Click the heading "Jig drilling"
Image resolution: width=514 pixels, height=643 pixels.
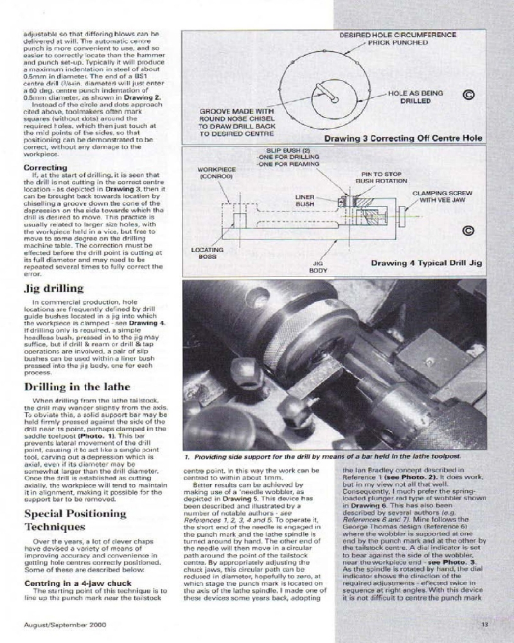point(54,288)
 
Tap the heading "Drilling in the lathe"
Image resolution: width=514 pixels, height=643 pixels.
point(77,387)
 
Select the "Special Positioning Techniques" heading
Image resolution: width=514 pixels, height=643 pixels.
point(75,520)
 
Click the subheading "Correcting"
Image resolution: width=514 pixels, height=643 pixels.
point(45,168)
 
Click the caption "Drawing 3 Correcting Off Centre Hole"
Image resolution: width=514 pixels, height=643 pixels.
point(403,138)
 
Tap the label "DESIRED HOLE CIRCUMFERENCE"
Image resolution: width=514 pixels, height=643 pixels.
point(398,35)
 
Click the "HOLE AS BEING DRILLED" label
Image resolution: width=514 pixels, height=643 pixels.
point(415,97)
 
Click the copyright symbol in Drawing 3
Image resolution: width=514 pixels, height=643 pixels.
point(468,95)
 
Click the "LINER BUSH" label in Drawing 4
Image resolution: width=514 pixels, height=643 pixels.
point(305,199)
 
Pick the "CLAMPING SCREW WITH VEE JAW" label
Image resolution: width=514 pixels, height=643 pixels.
point(442,196)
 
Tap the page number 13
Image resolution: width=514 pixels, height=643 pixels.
point(486,623)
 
